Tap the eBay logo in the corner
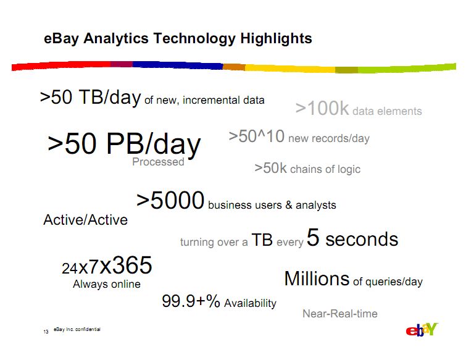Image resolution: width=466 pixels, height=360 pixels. (x=422, y=329)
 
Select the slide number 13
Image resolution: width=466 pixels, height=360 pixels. (x=46, y=332)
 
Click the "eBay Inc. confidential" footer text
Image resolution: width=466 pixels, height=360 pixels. (x=77, y=329)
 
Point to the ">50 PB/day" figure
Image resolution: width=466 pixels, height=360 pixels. (x=124, y=144)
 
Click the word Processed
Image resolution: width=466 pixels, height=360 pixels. (x=158, y=162)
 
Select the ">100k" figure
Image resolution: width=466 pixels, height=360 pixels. (x=322, y=108)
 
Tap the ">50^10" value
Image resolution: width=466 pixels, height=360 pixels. (x=257, y=136)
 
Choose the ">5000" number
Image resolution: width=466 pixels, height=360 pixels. (x=170, y=200)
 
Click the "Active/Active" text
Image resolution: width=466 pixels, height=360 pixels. (x=85, y=220)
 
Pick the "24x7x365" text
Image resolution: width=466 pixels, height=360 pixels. (x=107, y=265)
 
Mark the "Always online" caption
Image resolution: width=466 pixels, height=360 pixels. (x=106, y=284)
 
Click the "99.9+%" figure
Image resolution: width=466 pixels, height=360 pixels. (x=191, y=301)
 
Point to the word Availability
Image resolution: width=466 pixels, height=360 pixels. (x=250, y=304)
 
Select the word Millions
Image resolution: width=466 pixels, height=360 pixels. (x=317, y=279)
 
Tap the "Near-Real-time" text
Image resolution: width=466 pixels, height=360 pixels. (x=340, y=314)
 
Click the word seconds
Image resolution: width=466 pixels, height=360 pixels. (x=362, y=240)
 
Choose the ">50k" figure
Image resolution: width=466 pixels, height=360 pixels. (x=270, y=168)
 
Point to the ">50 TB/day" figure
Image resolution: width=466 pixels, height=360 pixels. (x=90, y=98)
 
